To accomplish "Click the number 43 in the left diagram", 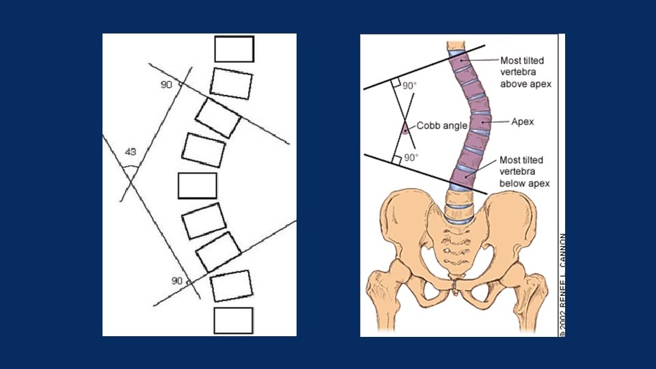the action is point(131,151).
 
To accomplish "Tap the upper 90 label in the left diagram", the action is point(166,83).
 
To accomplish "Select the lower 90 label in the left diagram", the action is point(176,281).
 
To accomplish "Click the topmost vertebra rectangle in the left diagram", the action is point(234,49).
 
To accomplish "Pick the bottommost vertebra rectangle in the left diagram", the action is point(233,320).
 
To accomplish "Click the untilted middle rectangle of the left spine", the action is point(197,186).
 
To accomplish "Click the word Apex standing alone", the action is point(522,122).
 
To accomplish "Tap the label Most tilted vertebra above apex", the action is point(525,72).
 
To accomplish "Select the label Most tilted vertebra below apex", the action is point(525,171).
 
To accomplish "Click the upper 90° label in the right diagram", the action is point(409,86).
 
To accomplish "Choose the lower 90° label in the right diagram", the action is point(409,157).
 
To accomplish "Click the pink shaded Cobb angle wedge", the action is point(405,128).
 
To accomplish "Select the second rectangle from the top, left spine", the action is point(231,83).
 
